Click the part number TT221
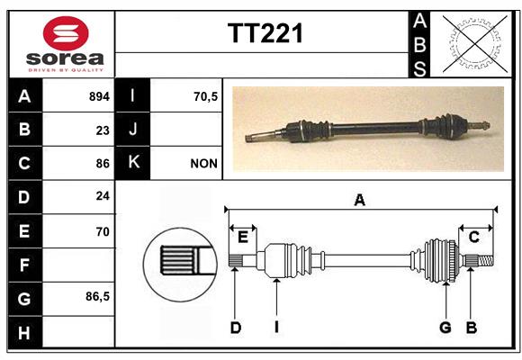click(x=265, y=33)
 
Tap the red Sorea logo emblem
click(x=66, y=33)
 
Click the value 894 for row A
click(x=99, y=96)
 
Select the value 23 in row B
click(x=103, y=130)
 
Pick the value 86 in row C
click(x=103, y=164)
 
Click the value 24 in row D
click(x=103, y=196)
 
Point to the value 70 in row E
click(x=103, y=231)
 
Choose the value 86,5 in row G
click(x=97, y=296)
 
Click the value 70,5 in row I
click(x=205, y=96)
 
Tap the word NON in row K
click(x=203, y=164)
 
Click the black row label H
click(x=25, y=332)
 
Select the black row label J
click(x=133, y=130)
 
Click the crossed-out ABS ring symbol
click(x=475, y=44)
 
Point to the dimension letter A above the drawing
click(x=359, y=201)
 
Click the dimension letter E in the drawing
click(x=243, y=238)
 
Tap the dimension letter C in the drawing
click(x=473, y=238)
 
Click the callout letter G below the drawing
click(x=445, y=328)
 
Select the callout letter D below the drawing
click(x=236, y=328)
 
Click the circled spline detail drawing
click(x=181, y=265)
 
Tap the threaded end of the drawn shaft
click(x=486, y=260)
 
